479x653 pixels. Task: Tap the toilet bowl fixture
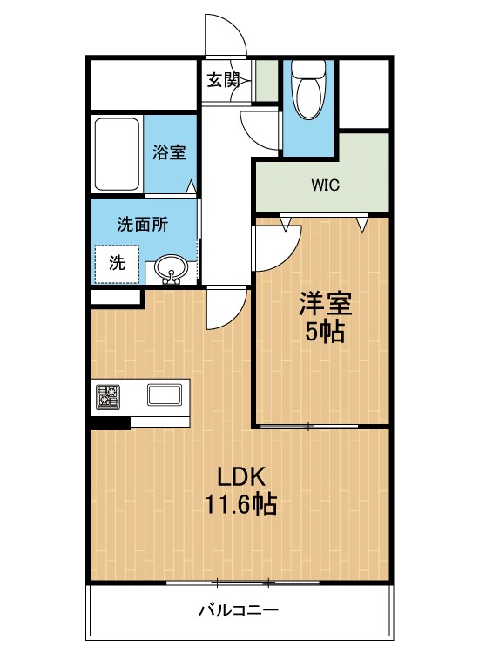pos(308,89)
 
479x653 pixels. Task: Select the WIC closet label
pos(326,185)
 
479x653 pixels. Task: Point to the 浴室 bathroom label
pos(169,152)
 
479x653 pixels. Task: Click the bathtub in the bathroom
pos(117,154)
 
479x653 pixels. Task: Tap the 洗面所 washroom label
pos(143,225)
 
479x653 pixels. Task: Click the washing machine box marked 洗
pos(117,264)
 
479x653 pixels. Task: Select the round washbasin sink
pos(171,269)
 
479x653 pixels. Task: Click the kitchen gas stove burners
pos(108,396)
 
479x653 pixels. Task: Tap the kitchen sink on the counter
pos(165,394)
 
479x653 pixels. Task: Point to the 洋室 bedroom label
pos(326,304)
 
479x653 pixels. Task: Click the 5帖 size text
pos(326,332)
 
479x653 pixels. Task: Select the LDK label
pos(241,477)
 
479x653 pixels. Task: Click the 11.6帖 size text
pos(240,505)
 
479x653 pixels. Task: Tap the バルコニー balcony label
pos(239,611)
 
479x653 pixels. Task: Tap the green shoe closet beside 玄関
pos(266,80)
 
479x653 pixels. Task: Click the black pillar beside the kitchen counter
pos(111,422)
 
